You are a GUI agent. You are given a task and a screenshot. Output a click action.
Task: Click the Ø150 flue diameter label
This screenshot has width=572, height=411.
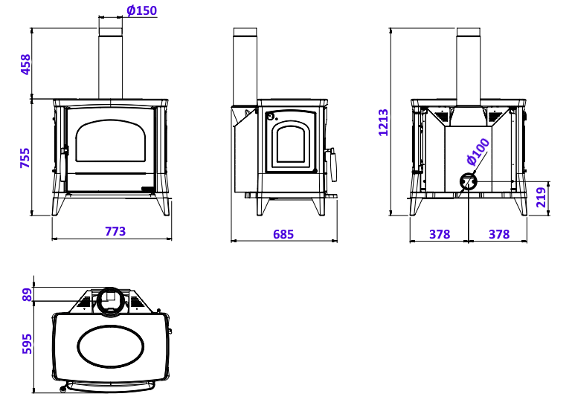pyautogui.click(x=141, y=10)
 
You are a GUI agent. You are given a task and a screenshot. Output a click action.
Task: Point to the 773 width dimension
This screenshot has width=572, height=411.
pyautogui.click(x=115, y=231)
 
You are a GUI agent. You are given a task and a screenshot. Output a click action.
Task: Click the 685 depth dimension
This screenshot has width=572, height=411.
pyautogui.click(x=283, y=234)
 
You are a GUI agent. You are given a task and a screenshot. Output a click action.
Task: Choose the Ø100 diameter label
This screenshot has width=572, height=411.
pyautogui.click(x=478, y=151)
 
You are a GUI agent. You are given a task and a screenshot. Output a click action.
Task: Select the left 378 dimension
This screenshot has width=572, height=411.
pyautogui.click(x=440, y=234)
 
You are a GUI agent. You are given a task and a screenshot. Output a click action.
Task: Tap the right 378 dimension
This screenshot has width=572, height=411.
pyautogui.click(x=499, y=234)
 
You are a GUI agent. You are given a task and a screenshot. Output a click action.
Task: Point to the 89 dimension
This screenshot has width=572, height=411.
pyautogui.click(x=28, y=295)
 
